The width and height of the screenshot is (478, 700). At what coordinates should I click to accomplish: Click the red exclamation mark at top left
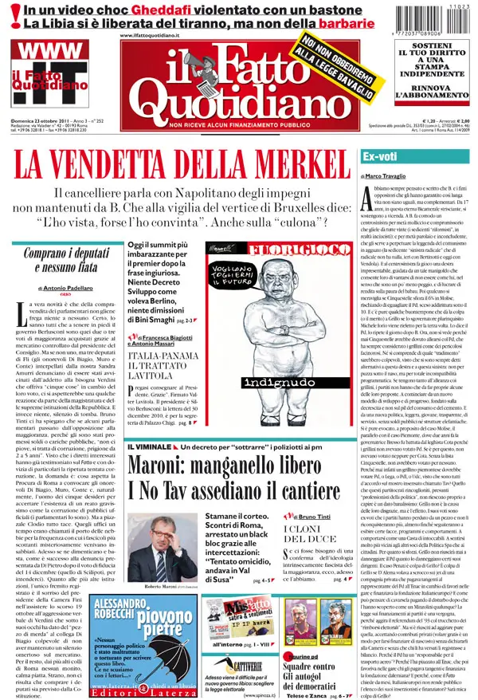pos(10,18)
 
